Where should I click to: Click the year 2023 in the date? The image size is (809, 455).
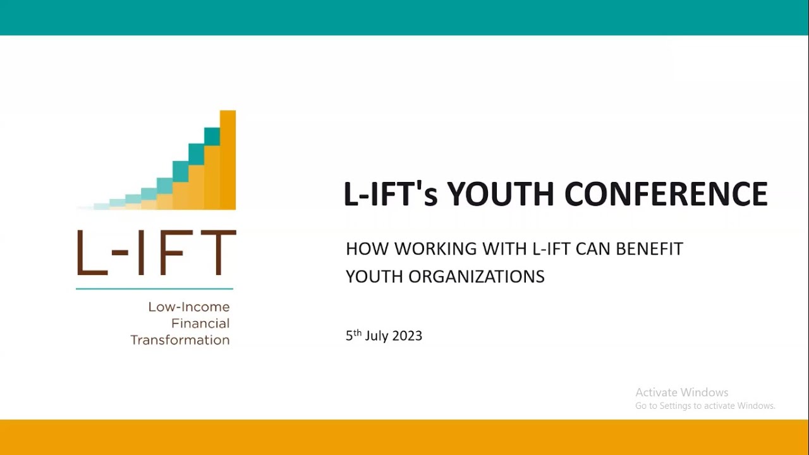(x=406, y=336)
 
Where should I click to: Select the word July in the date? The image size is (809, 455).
(x=376, y=336)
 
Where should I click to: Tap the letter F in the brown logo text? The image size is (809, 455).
(x=181, y=253)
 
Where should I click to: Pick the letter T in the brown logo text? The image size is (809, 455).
(x=219, y=253)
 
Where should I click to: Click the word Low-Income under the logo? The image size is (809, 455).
(x=188, y=307)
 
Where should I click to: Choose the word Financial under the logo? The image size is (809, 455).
(x=200, y=324)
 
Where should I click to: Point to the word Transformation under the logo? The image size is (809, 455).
(x=180, y=340)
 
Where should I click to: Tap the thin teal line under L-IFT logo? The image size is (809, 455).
(x=154, y=289)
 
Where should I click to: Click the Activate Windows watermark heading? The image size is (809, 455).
(x=681, y=392)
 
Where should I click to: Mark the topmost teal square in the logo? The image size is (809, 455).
(x=212, y=136)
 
